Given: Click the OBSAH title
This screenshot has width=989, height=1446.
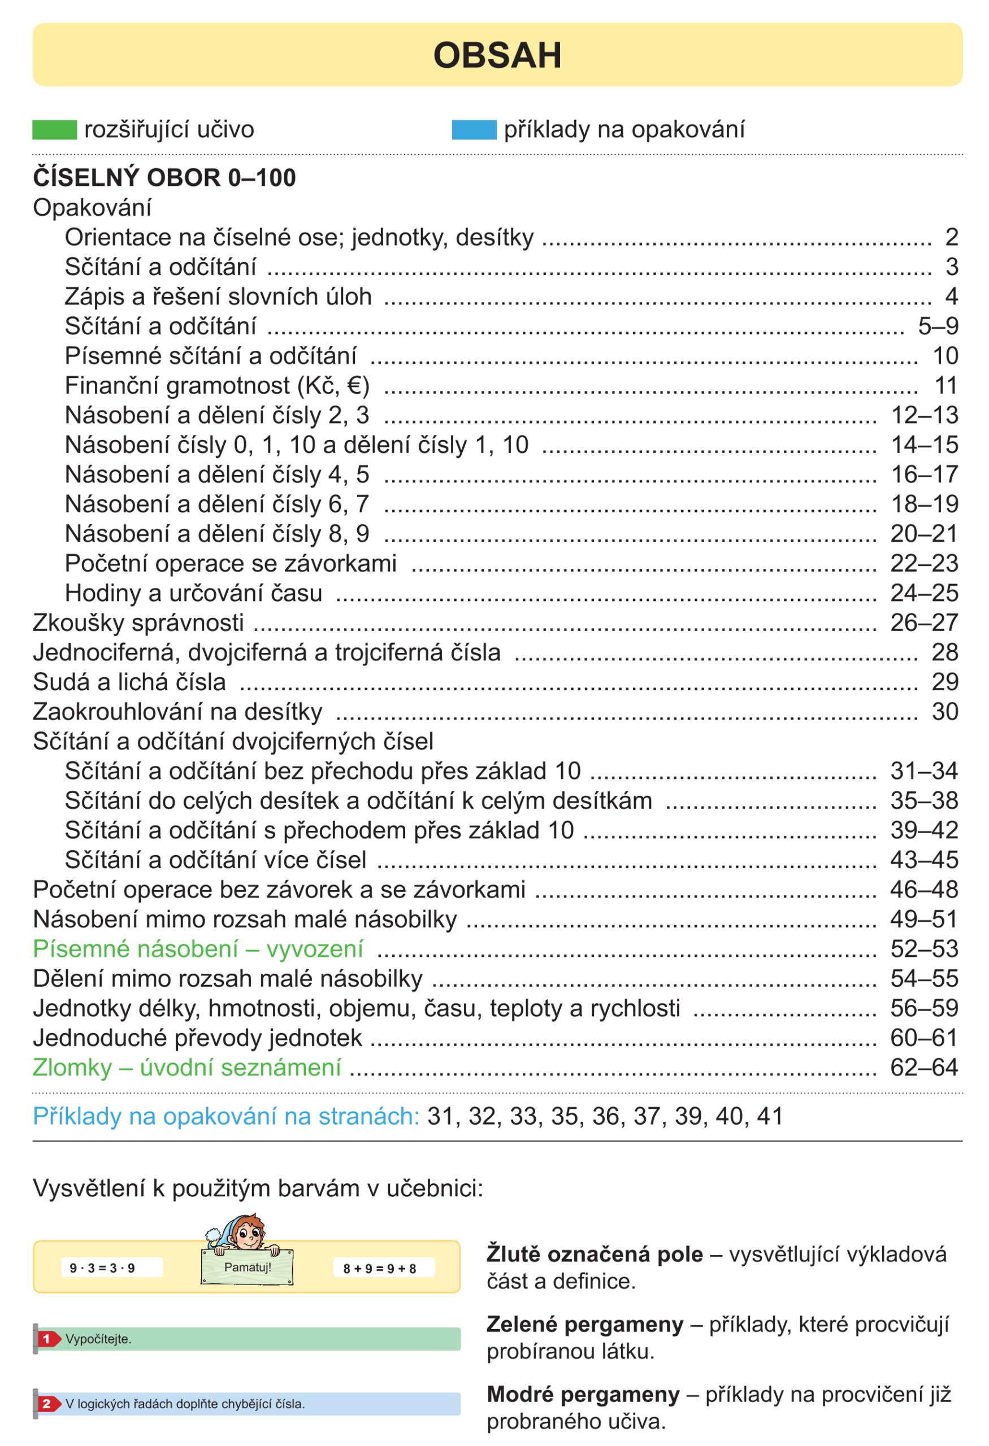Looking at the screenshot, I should [497, 55].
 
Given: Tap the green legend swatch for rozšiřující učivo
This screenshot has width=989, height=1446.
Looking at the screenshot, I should [54, 130].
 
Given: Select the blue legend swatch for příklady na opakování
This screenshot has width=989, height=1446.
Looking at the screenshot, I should [474, 130].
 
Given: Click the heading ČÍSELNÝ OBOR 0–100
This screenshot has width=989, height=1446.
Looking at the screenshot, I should [164, 178].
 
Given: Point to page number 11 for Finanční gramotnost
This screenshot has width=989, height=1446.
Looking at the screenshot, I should [945, 386].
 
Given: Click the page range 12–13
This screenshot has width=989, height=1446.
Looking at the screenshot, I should [924, 416].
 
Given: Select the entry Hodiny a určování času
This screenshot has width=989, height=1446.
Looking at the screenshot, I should [194, 594].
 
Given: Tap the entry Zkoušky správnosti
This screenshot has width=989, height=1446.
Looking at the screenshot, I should [138, 623].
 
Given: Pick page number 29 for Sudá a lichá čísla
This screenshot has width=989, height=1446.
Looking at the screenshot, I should [944, 682].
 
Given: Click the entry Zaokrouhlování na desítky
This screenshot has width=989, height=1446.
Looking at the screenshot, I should [177, 712].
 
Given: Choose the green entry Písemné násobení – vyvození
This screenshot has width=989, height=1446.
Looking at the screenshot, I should [198, 950].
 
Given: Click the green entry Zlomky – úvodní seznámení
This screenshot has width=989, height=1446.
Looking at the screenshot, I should [186, 1068].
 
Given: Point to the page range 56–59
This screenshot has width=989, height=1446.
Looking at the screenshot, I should [923, 1009].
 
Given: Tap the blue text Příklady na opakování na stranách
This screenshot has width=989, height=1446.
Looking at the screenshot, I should [226, 1117].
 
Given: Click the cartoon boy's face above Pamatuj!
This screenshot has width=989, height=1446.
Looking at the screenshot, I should [249, 1232].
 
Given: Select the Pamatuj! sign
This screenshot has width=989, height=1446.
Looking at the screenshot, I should [248, 1268].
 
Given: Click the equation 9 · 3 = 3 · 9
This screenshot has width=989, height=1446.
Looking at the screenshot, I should [103, 1269].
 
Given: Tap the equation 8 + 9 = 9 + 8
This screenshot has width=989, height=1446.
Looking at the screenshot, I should [380, 1269].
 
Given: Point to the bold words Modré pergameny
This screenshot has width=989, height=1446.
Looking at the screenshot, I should [583, 1395].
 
